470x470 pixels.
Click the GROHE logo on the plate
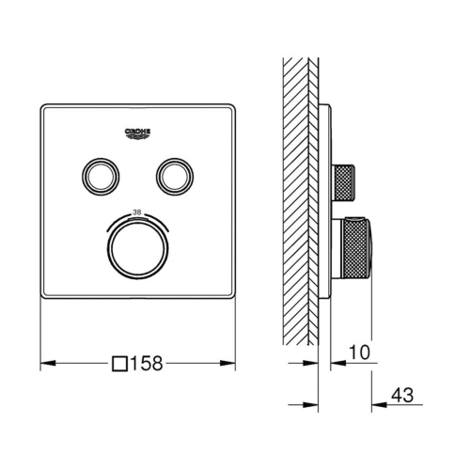(137, 133)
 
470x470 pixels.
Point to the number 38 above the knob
(137, 212)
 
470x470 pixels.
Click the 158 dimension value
(147, 363)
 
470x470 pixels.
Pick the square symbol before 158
(120, 364)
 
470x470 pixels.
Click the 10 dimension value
(359, 352)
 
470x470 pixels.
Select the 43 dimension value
(402, 395)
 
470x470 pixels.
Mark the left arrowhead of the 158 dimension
(48, 363)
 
